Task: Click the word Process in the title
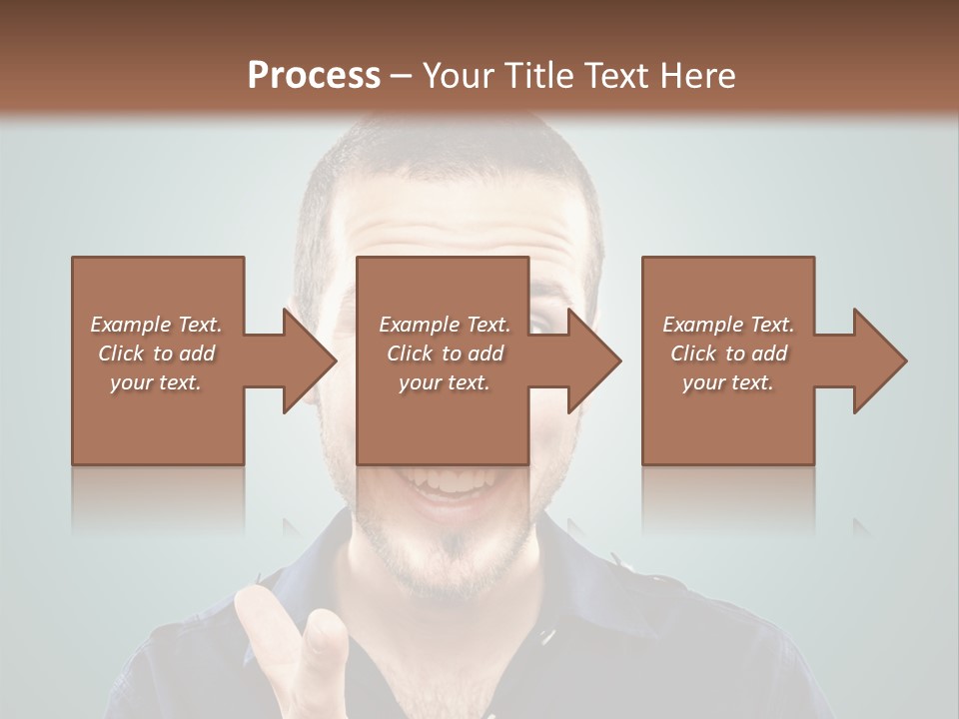314,75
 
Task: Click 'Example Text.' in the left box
156,325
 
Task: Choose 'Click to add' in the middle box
445,354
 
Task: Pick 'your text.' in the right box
727,382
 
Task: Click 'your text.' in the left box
156,382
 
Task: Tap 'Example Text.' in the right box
727,325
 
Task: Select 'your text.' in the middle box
445,382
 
